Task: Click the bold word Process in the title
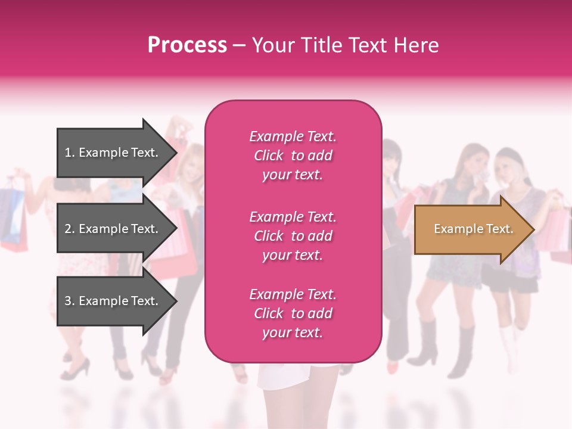pos(187,45)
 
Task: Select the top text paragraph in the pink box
pos(293,156)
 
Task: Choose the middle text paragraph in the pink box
pos(293,236)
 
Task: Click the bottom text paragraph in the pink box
pos(293,313)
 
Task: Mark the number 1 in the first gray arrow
pos(68,153)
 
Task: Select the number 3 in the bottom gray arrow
pos(68,301)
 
